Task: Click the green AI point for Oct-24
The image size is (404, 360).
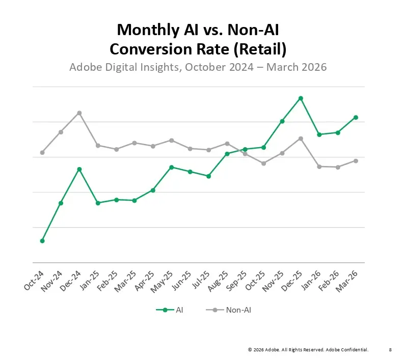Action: [42, 241]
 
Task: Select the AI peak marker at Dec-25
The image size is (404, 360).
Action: [301, 98]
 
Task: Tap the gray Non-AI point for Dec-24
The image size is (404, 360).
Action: [79, 113]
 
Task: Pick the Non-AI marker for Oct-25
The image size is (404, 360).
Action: [264, 163]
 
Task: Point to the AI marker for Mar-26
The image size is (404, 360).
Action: [356, 118]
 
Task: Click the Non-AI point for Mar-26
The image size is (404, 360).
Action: [356, 161]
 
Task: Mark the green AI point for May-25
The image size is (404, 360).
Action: [171, 167]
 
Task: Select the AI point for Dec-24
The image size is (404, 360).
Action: [79, 169]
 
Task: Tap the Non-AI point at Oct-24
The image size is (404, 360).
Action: [42, 153]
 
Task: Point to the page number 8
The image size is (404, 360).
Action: [390, 350]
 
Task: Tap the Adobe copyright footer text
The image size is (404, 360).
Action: [308, 350]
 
